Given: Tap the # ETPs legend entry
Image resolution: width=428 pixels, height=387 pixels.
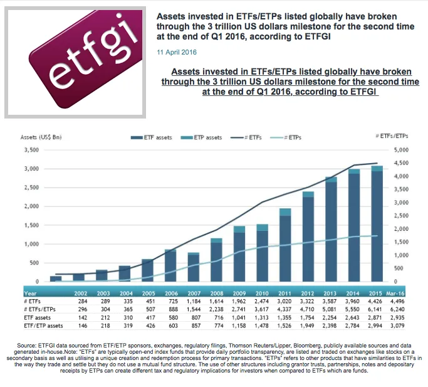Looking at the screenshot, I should tap(290, 137).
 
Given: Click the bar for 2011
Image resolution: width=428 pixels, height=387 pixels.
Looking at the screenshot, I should tap(285, 245).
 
